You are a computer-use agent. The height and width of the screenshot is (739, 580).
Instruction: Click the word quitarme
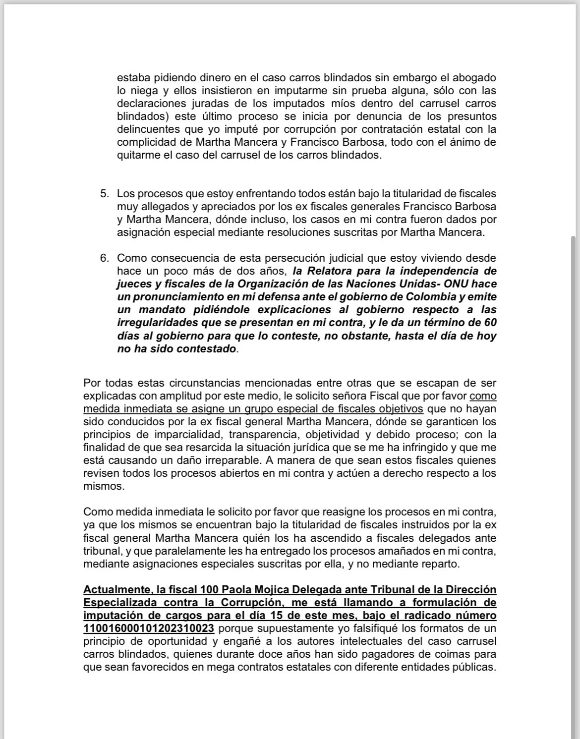tap(137, 155)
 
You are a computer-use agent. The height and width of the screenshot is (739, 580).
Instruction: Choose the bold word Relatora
tap(332, 271)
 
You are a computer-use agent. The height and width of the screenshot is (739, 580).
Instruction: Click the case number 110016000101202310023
tap(149, 628)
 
